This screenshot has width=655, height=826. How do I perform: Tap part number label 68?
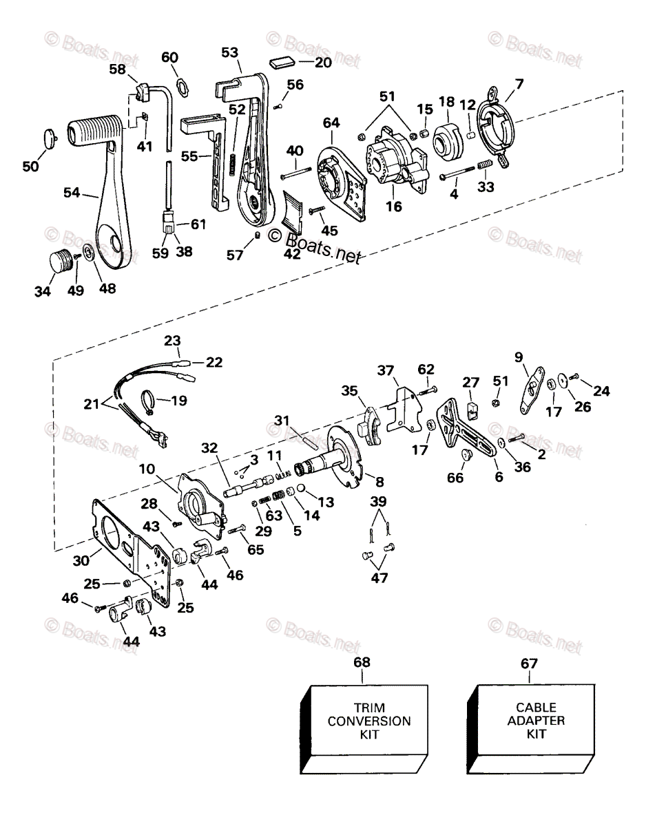coord(362,663)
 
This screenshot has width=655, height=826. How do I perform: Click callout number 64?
coord(331,123)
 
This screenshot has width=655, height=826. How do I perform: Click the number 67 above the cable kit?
coord(530,663)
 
